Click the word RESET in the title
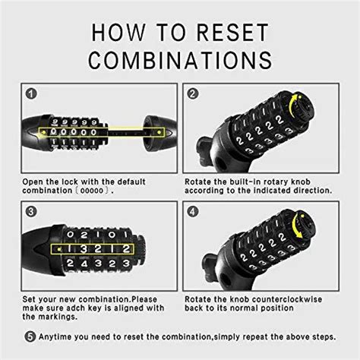(229, 32)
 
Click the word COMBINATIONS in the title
(180, 60)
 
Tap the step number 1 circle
(31, 94)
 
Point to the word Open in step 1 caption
(35, 182)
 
